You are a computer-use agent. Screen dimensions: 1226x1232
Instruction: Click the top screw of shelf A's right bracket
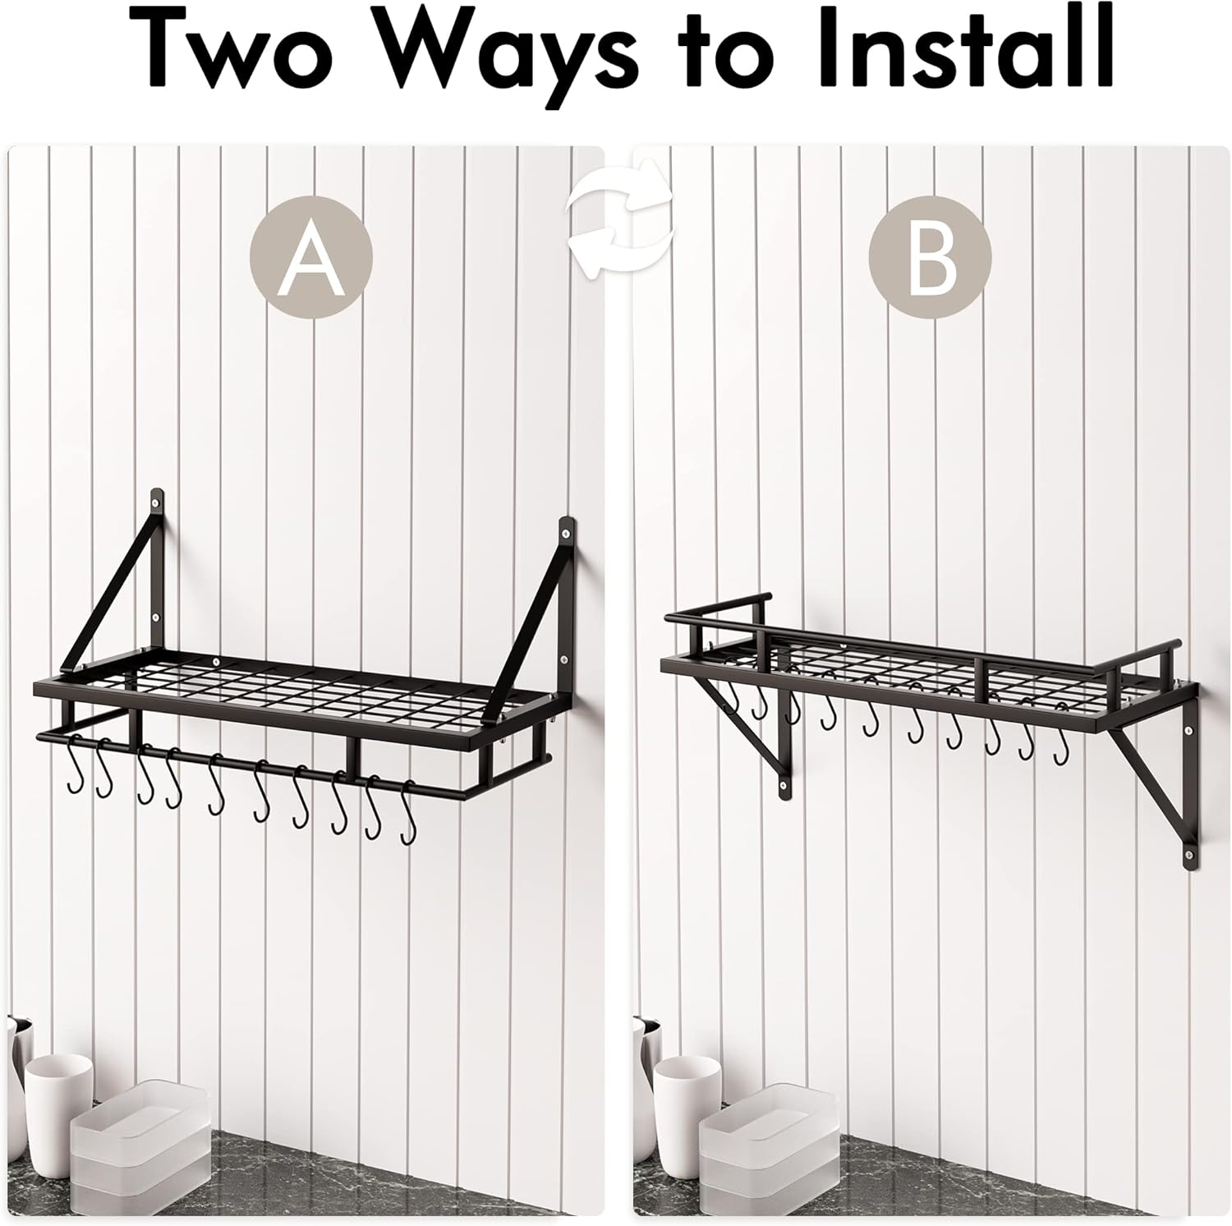point(566,534)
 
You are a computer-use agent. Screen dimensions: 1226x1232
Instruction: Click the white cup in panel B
point(687,1092)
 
